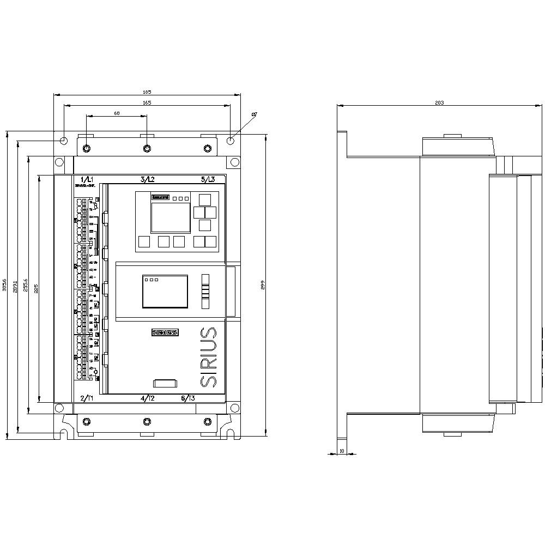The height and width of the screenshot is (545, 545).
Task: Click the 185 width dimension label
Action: tap(147, 92)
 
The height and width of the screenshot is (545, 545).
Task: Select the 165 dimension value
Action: tap(147, 102)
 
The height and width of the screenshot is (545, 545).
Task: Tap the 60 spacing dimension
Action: tap(117, 113)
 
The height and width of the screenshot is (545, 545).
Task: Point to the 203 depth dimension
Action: tap(439, 102)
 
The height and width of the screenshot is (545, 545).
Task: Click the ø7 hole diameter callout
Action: tap(254, 114)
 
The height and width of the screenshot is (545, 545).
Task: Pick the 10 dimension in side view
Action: tap(342, 451)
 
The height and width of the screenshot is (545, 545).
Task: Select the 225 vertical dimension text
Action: tap(35, 289)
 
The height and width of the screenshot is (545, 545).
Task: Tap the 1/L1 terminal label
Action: tap(87, 179)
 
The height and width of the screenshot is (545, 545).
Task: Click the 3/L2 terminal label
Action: tap(147, 179)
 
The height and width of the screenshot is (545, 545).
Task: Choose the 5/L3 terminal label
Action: tap(208, 179)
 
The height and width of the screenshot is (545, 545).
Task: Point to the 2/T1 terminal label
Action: tap(87, 398)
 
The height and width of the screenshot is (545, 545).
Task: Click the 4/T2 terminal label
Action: tap(148, 398)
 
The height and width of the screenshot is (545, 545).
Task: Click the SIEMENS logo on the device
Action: tap(165, 332)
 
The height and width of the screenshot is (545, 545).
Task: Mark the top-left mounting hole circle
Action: tap(64, 141)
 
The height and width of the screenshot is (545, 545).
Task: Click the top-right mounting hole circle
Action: tap(231, 141)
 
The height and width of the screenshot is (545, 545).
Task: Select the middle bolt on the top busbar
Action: tap(147, 149)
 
